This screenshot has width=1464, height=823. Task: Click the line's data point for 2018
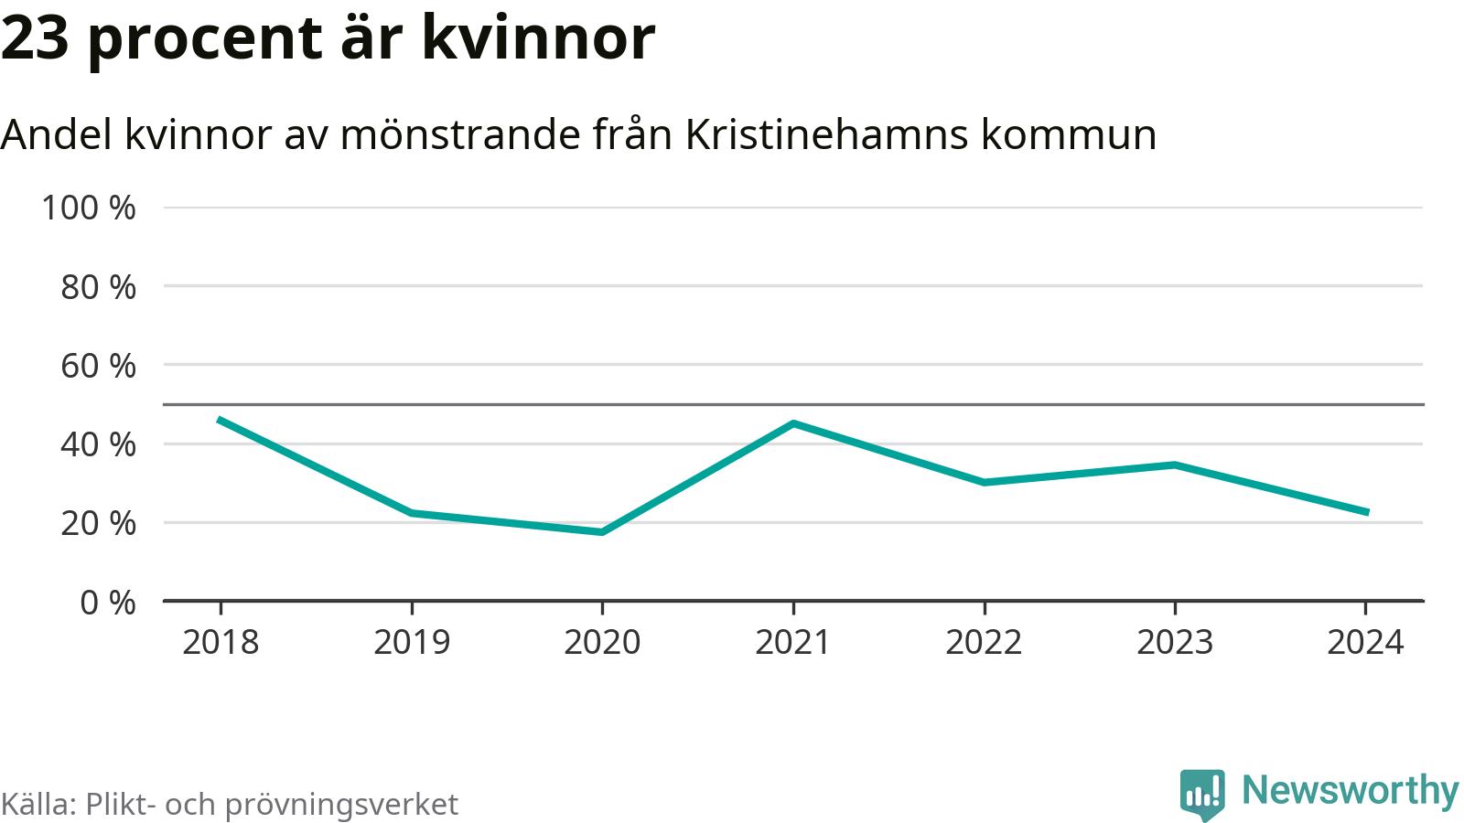coord(221,420)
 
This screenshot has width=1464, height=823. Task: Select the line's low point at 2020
coord(602,531)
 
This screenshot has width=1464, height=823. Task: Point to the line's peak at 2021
coord(793,423)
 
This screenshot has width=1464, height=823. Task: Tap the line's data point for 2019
coord(412,513)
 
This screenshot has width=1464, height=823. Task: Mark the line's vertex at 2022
coord(984,482)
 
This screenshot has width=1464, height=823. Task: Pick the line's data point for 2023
coord(1175,465)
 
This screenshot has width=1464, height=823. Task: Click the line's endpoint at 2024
coord(1366,512)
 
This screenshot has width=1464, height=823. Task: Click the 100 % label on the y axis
coord(89,208)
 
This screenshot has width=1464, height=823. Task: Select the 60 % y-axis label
coord(99,366)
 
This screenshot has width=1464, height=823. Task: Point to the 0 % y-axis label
coord(108,603)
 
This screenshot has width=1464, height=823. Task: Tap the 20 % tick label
coord(99,524)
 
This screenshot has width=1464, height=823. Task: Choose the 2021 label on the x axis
coord(793,643)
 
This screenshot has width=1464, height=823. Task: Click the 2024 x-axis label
coord(1365,643)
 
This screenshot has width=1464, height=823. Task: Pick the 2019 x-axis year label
coord(412,643)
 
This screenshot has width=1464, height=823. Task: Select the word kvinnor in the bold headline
coord(538,38)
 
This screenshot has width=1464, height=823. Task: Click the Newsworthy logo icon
coord(1202,794)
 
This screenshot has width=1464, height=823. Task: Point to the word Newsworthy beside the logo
coord(1350,791)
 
